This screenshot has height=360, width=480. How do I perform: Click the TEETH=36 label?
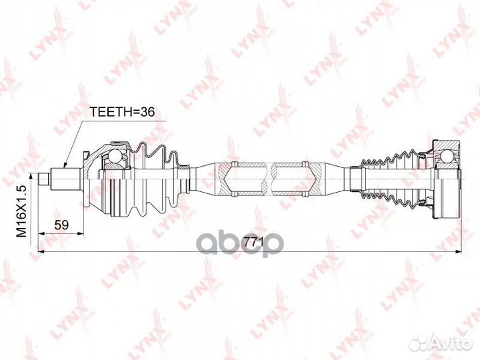[x=122, y=113]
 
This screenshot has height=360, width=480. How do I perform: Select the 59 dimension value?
[x=61, y=225]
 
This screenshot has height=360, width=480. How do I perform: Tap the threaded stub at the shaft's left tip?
[x=44, y=179]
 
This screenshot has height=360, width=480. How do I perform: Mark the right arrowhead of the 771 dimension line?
[x=457, y=251]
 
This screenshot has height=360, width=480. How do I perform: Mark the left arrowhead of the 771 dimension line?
[x=41, y=251]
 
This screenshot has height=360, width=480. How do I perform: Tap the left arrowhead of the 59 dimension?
[x=41, y=233]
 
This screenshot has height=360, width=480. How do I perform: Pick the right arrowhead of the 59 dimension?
[x=80, y=233]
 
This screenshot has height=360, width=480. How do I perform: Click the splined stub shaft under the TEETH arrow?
[x=66, y=179]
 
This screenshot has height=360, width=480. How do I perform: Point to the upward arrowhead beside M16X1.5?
[x=31, y=176]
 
